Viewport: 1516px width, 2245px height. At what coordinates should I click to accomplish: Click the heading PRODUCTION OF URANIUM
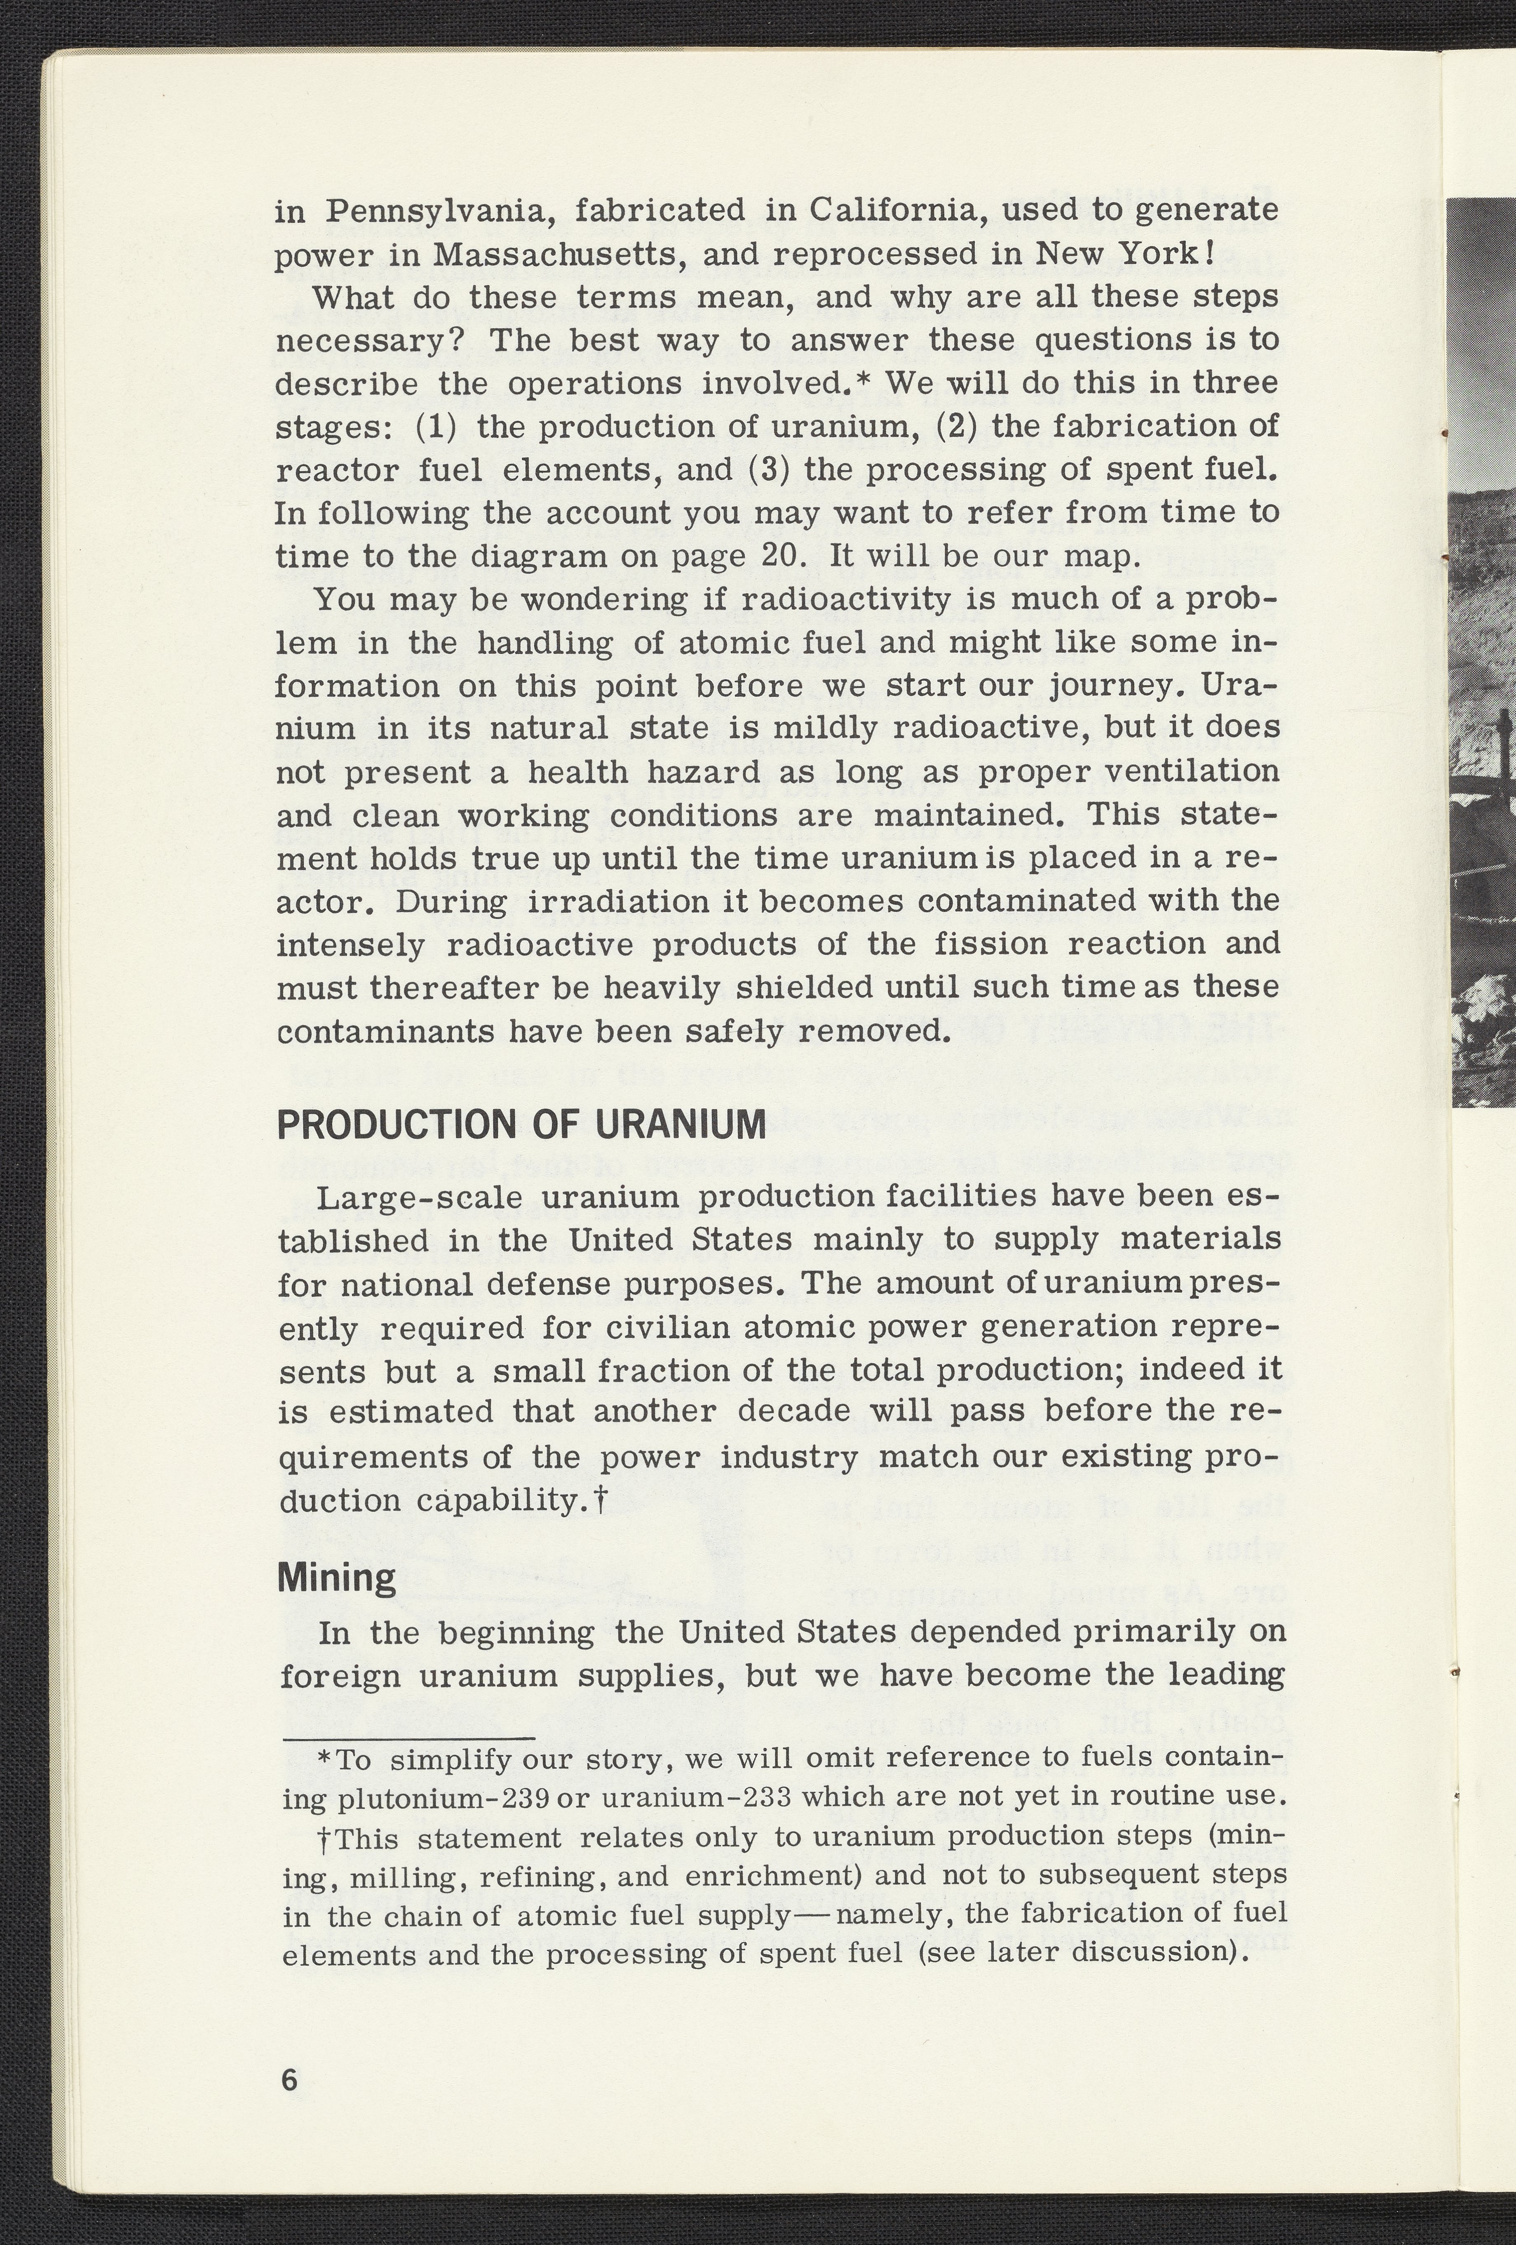pos(521,1125)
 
